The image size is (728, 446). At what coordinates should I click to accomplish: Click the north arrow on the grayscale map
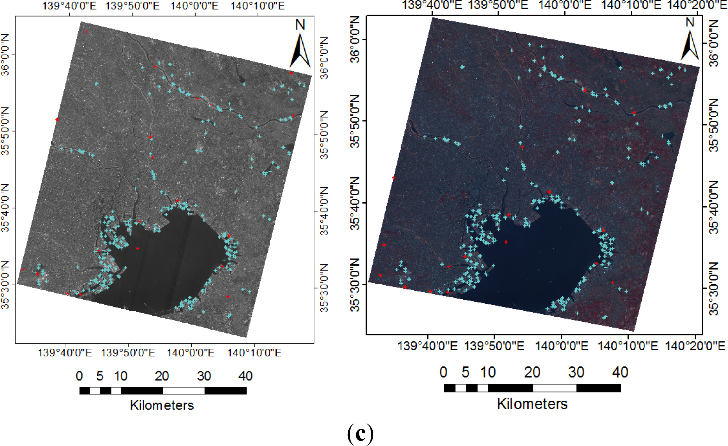300,51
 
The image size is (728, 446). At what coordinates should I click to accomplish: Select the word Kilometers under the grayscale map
162,405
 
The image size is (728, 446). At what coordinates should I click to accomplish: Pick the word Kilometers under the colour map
532,404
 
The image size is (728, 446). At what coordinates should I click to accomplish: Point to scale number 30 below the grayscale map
204,376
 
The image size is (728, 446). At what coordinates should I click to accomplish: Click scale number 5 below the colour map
465,372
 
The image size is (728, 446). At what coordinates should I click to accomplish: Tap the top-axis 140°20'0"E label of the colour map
697,5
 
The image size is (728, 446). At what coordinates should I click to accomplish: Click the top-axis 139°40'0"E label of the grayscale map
69,6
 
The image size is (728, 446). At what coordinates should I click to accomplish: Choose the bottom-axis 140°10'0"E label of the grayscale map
254,352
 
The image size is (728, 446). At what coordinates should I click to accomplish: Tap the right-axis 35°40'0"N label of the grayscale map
324,211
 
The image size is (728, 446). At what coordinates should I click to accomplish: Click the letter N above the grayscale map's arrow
300,25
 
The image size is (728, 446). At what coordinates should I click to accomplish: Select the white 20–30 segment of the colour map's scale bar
554,388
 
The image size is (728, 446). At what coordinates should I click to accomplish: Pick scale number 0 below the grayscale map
79,376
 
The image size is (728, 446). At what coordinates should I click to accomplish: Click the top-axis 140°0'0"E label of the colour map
565,5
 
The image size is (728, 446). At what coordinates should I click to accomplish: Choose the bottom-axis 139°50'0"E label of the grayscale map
128,352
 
